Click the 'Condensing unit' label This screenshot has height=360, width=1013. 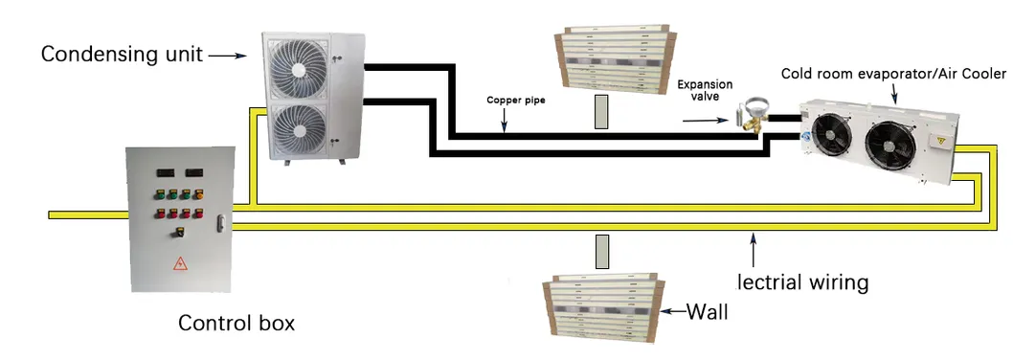tap(122, 55)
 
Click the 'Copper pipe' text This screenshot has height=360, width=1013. tap(516, 100)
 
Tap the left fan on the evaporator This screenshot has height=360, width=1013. tap(831, 138)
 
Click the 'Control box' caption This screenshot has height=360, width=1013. tap(236, 323)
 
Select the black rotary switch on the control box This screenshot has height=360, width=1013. tap(177, 232)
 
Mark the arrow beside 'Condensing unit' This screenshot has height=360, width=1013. tap(228, 55)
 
